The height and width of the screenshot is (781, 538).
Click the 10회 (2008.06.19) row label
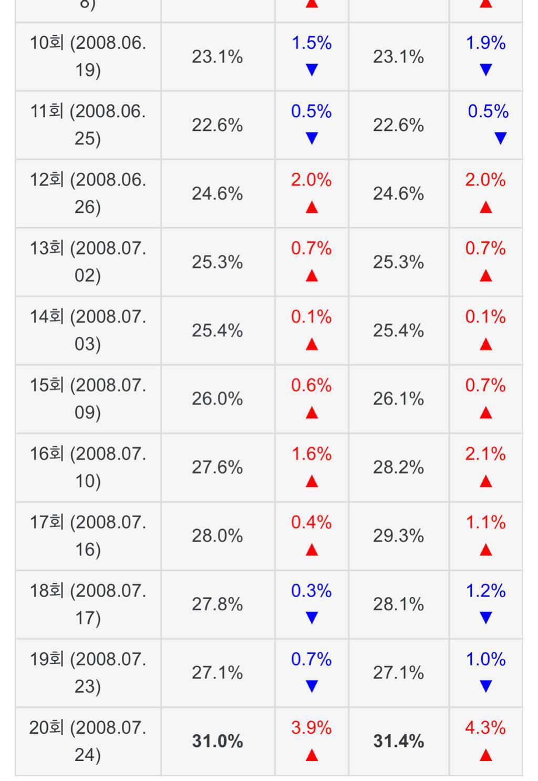point(88,56)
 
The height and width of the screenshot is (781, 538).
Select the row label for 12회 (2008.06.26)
point(88,193)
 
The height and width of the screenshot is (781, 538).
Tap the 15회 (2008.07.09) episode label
point(88,399)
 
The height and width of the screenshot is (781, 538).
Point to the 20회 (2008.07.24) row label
point(88,741)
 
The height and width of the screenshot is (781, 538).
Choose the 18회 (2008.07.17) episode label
point(88,604)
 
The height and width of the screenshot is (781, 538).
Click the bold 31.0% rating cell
point(218,741)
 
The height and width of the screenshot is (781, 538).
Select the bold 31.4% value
point(398,741)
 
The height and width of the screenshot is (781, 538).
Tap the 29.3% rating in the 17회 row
point(398,536)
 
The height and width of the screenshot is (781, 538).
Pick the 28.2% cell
point(398,467)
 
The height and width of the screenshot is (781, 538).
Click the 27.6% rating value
point(218,467)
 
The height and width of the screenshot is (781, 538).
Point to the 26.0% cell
point(218,399)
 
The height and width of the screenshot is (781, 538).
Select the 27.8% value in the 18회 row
point(218,604)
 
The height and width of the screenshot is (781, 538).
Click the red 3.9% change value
point(312,728)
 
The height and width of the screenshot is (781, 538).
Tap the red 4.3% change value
point(485,728)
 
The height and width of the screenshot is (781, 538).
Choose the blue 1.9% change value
point(485,43)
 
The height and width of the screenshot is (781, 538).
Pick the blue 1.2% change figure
point(485,591)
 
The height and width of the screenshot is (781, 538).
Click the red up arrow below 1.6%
point(312,481)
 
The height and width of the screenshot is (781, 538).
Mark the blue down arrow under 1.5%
point(312,70)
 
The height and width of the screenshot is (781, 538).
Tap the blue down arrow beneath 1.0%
point(485,686)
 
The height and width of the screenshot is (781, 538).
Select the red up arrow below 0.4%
point(312,550)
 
